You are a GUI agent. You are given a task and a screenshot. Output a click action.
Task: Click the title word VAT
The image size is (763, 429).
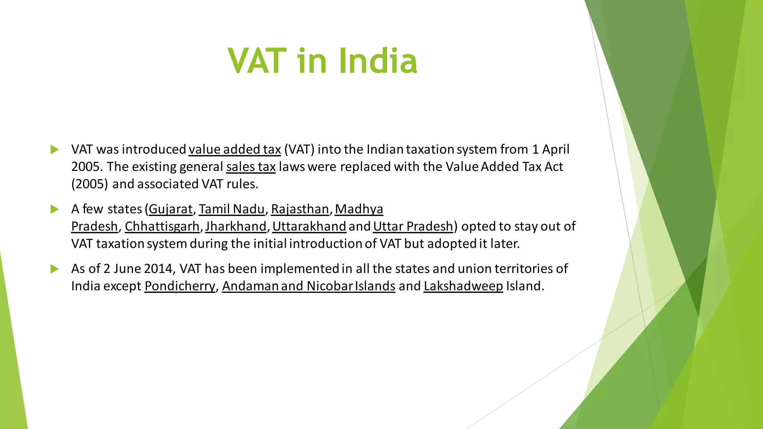point(257,61)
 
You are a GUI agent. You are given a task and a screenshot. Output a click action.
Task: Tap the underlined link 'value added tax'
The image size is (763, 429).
point(234,149)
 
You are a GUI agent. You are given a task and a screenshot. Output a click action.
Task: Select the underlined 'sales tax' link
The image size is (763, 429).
point(251,166)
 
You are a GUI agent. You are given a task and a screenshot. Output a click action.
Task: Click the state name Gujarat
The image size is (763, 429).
point(171,209)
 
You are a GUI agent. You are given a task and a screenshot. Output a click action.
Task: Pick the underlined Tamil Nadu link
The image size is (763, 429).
point(231,209)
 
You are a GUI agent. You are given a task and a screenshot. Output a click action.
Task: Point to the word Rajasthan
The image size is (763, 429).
point(300,209)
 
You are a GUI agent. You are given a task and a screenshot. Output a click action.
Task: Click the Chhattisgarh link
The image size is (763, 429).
point(162,226)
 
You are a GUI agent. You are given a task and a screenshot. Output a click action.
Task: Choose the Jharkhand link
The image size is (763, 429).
point(236,226)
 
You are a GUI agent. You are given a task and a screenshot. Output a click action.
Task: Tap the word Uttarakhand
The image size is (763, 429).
point(309,226)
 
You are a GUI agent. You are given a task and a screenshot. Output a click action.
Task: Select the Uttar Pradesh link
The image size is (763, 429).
point(413,226)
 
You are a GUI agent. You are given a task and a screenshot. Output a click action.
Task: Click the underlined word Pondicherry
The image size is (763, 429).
point(180,286)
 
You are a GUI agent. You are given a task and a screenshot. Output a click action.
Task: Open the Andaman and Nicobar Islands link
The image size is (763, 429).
point(308,286)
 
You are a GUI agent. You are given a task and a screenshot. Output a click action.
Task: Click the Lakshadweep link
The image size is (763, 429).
point(463,286)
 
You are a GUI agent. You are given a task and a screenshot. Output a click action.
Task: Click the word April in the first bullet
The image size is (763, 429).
point(555,149)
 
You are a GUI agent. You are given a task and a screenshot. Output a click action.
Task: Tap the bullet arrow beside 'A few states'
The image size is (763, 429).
point(55,209)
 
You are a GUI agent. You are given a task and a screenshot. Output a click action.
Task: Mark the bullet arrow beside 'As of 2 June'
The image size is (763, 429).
point(55,269)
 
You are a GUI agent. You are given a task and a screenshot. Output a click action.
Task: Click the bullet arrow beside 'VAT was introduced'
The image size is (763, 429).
point(55,150)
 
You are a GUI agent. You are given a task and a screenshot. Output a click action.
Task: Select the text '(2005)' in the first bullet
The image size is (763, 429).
point(89,184)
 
